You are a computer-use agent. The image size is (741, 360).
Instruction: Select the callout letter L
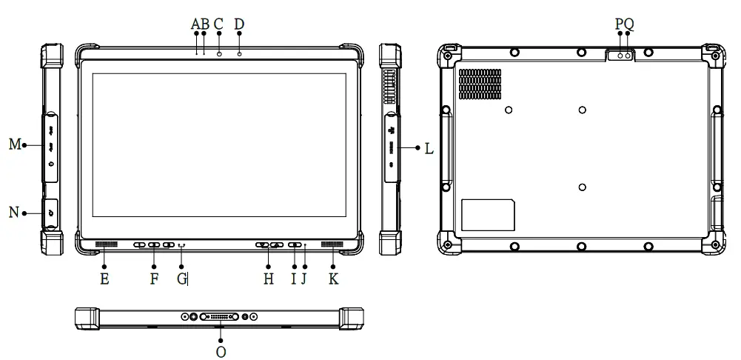point(429,148)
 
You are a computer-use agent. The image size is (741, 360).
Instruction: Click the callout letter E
point(104,279)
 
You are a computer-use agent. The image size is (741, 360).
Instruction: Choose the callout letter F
point(154,279)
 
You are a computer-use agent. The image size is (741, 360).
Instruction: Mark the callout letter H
point(269,279)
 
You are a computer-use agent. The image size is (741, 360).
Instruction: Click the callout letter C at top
point(218,24)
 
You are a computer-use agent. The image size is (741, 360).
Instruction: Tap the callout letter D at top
point(239,24)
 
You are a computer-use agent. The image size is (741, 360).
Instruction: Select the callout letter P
point(620,24)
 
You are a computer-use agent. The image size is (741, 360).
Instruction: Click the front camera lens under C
point(219,53)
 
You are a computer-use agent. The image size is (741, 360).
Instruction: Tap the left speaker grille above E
point(106,245)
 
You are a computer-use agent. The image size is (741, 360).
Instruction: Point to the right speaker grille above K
point(332,245)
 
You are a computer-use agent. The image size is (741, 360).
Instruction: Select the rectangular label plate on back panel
point(488,215)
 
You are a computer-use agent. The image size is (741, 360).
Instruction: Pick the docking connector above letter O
point(221,317)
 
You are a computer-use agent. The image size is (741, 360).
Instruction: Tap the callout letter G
point(181,279)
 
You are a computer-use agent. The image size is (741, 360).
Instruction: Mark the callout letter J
point(304,279)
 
